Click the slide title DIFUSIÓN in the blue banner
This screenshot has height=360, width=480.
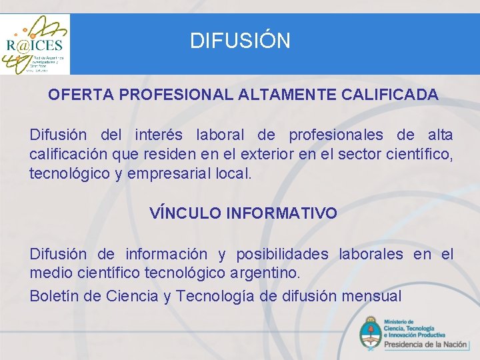(x=240, y=41)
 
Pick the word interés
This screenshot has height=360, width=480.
(x=162, y=135)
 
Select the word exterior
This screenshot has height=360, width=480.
(x=267, y=155)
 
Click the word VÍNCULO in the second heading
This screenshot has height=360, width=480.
(x=185, y=213)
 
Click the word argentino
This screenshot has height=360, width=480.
(x=265, y=273)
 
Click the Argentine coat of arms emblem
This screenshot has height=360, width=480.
(x=370, y=334)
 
